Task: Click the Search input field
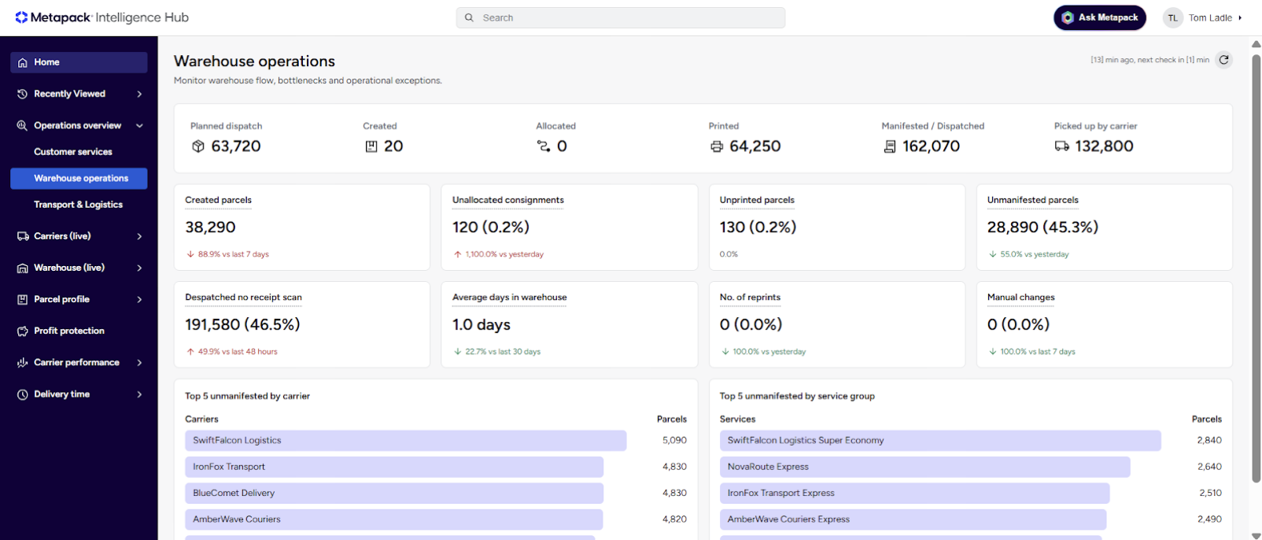pyautogui.click(x=620, y=17)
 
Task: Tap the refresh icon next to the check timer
pyautogui.click(x=1223, y=60)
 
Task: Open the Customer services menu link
pyautogui.click(x=72, y=152)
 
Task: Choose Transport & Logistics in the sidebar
pyautogui.click(x=79, y=204)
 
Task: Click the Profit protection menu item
pyautogui.click(x=68, y=331)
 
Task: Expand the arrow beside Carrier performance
pyautogui.click(x=139, y=362)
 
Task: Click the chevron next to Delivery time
pyautogui.click(x=139, y=394)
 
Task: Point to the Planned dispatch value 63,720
pyautogui.click(x=235, y=146)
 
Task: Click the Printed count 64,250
pyautogui.click(x=755, y=146)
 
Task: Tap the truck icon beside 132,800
pyautogui.click(x=1061, y=146)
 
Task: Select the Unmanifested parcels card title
pyautogui.click(x=1032, y=200)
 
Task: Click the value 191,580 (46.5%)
pyautogui.click(x=242, y=324)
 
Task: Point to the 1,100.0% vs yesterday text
pyautogui.click(x=504, y=254)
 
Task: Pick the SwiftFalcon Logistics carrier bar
pyautogui.click(x=406, y=440)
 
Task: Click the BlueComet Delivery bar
pyautogui.click(x=394, y=494)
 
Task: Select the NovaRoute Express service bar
pyautogui.click(x=924, y=467)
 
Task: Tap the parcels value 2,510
pyautogui.click(x=1210, y=493)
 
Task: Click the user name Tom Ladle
pyautogui.click(x=1210, y=17)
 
